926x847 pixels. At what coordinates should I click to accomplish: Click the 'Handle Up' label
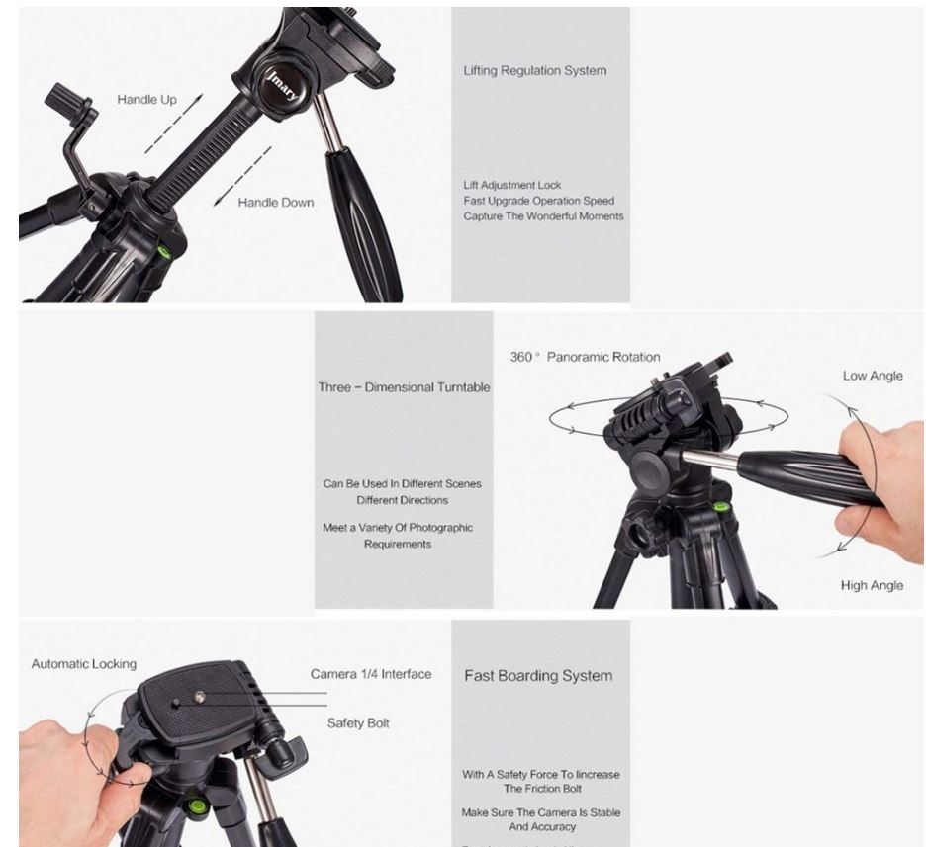tap(146, 100)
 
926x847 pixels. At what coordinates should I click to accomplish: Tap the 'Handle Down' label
tap(275, 203)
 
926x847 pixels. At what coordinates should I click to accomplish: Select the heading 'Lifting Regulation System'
tap(534, 71)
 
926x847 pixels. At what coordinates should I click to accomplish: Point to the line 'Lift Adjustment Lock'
tap(511, 185)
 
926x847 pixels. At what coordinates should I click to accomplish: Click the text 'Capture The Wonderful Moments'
tap(543, 216)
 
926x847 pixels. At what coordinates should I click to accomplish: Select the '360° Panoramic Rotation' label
tap(585, 357)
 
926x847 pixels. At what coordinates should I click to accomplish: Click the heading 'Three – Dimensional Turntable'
tap(404, 387)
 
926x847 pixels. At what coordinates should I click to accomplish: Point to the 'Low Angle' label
tap(872, 376)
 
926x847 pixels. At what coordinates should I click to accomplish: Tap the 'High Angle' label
tap(871, 585)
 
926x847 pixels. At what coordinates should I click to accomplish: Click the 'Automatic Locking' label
tap(83, 664)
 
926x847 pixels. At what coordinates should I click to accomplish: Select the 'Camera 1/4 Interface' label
tap(371, 674)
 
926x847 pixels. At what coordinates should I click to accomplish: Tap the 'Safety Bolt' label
tap(358, 723)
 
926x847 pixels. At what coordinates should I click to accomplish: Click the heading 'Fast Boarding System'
tap(538, 676)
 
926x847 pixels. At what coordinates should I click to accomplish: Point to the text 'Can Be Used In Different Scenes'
tap(403, 484)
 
